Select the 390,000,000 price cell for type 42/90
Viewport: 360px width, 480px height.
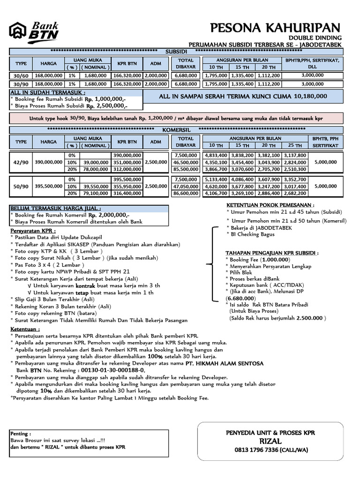click(48, 162)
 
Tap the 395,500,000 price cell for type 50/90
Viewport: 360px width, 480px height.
click(48, 186)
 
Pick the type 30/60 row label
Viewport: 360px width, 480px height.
click(21, 75)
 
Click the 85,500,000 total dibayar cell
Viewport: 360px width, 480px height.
click(186, 169)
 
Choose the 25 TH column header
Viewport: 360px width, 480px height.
click(295, 145)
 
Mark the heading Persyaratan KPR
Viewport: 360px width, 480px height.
click(33, 231)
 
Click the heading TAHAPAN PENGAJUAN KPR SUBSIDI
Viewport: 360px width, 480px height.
click(272, 253)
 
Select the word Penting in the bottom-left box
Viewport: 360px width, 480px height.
click(21, 434)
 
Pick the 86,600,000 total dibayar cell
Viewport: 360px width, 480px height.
click(186, 193)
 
